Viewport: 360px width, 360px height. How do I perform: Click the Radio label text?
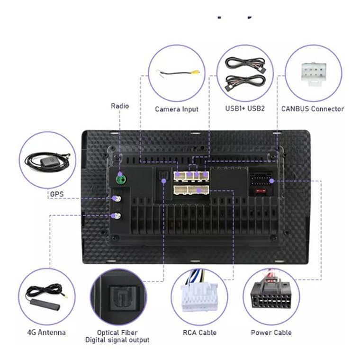120,106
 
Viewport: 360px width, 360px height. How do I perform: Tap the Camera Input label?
177,109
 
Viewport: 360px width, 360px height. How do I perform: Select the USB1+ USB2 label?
245,108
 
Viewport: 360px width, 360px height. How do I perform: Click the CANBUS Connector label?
313,108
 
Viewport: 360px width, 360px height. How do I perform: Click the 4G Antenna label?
46,332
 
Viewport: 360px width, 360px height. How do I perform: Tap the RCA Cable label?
199,333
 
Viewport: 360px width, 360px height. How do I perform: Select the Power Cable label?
271,333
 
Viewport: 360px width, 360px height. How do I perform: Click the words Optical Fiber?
117,333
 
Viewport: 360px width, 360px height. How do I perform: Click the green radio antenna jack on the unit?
122,180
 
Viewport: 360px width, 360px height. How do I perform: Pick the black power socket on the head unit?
261,180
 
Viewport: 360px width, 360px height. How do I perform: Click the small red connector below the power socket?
260,191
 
